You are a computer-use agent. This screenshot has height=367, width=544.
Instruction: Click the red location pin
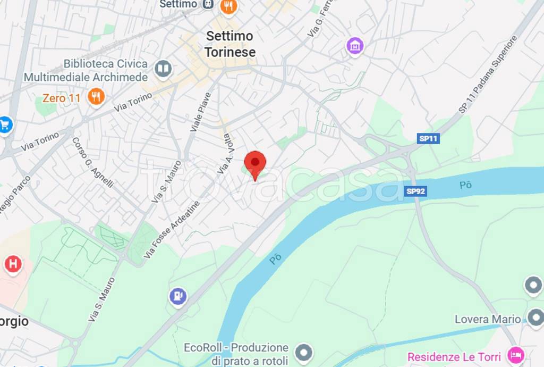point(255,163)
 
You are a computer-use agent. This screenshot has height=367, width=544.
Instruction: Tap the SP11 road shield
point(428,139)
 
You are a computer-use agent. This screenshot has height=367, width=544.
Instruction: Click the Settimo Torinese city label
point(230,44)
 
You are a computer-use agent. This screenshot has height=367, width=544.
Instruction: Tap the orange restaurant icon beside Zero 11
point(96,97)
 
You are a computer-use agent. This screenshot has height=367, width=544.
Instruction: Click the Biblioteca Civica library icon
point(163,69)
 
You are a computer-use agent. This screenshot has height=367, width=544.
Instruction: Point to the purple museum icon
point(354,46)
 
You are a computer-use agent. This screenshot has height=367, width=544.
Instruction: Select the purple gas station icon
point(178,296)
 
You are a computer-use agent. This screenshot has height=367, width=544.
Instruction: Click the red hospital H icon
point(13,264)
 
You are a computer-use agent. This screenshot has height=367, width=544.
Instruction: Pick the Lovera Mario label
point(488,319)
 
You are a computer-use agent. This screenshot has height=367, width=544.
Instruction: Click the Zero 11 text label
point(62,98)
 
